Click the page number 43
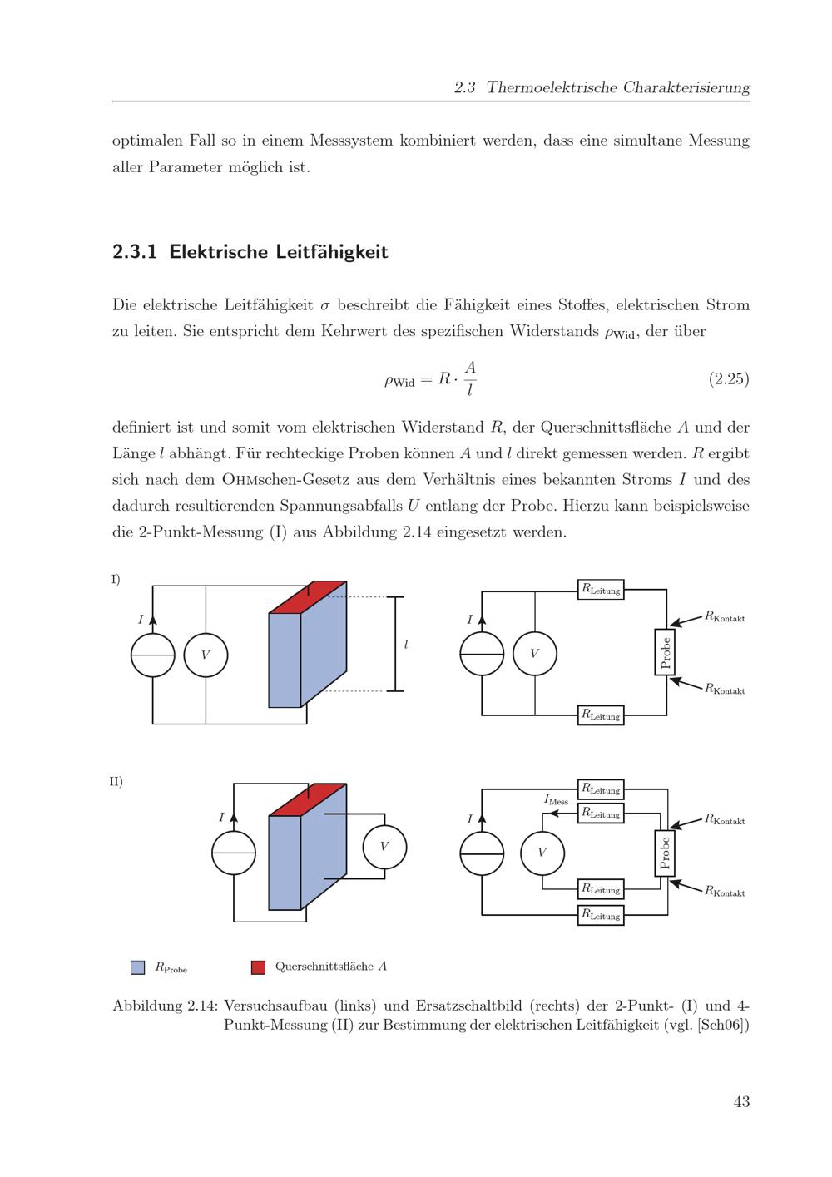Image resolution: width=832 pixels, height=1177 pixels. click(741, 1101)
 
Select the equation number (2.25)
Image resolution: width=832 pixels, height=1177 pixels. click(728, 379)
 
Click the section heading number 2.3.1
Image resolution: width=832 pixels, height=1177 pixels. click(135, 252)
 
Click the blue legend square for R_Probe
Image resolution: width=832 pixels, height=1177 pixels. click(138, 967)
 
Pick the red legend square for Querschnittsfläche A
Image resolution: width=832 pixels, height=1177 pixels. click(258, 967)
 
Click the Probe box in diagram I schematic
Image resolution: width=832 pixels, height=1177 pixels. click(665, 652)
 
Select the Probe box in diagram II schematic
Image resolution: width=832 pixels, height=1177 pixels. click(665, 853)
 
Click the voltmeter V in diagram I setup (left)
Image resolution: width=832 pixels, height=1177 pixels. click(206, 655)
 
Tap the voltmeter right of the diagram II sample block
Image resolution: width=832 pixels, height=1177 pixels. click(384, 846)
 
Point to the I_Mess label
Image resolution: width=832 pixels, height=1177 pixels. click(556, 799)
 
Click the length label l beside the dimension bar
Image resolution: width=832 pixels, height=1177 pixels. click(406, 645)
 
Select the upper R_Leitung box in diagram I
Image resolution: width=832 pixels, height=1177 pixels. click(601, 590)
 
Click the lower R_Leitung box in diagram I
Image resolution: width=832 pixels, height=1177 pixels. click(601, 715)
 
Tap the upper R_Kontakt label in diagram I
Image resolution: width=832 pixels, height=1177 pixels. click(725, 617)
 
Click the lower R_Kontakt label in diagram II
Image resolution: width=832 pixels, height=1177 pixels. click(725, 892)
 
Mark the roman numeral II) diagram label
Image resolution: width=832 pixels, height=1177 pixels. click(116, 782)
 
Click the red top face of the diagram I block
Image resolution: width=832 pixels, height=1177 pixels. click(308, 596)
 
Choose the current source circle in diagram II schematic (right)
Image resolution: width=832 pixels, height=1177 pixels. click(482, 853)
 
